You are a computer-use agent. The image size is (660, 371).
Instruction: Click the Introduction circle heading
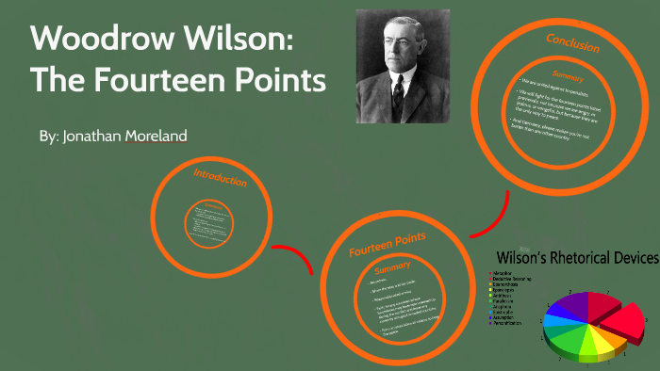[220, 178]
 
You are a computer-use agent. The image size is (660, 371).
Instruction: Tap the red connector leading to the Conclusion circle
[491, 214]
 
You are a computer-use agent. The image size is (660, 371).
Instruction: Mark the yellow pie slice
[593, 349]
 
